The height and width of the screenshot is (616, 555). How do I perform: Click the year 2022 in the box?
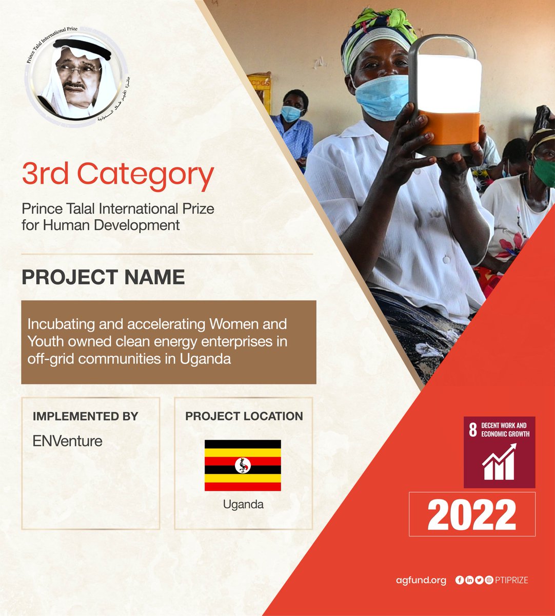coord(471,515)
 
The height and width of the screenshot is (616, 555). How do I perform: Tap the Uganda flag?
coord(243,465)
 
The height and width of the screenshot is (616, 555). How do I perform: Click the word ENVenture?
coord(67,441)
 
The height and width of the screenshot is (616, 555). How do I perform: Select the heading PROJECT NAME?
coord(103,277)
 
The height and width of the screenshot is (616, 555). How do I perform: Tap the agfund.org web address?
coord(421,581)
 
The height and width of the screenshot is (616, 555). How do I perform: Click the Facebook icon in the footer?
coord(460,581)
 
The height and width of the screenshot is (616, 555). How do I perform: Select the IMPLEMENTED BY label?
coord(85,416)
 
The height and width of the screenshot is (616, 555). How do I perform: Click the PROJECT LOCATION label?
coord(244,416)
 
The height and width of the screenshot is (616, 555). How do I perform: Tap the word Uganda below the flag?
coord(243,505)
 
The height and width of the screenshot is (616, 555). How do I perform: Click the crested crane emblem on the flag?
coord(243,465)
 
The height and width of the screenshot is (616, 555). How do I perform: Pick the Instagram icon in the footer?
coord(489,581)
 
